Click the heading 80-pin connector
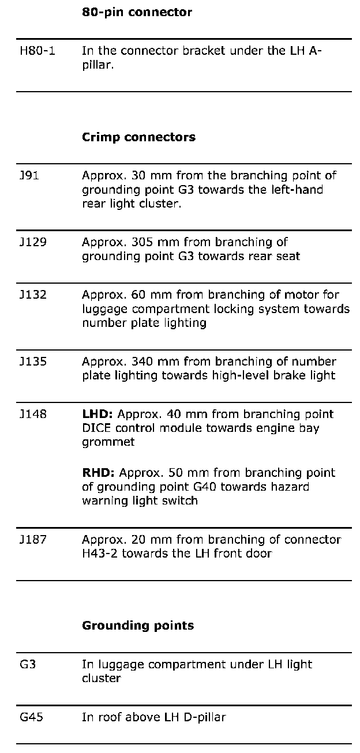(x=137, y=12)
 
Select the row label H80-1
(x=37, y=50)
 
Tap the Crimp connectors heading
(x=138, y=137)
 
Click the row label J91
(x=29, y=175)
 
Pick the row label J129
(x=33, y=242)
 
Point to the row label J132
(x=33, y=295)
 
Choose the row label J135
(x=33, y=362)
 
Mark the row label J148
(x=33, y=414)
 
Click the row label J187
(x=33, y=540)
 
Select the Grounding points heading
(x=138, y=626)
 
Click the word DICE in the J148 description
(x=94, y=428)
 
